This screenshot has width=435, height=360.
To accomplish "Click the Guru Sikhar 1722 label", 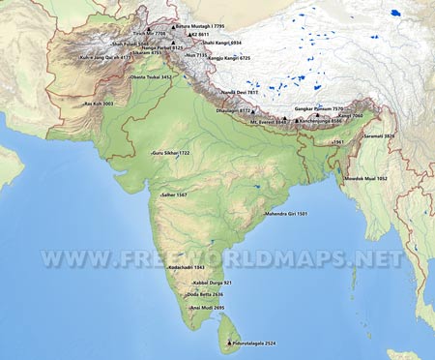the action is click(171, 153).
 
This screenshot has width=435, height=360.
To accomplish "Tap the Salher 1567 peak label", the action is click(175, 195).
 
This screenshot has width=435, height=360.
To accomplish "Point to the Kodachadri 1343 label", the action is click(187, 267).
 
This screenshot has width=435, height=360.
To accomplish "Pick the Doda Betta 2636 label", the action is click(205, 294).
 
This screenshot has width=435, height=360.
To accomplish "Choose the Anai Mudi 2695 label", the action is click(208, 308).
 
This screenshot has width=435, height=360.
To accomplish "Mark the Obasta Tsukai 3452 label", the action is click(151, 76).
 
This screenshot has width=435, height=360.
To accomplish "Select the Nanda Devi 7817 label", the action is click(241, 92).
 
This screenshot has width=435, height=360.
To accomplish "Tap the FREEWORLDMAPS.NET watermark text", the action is click(220, 259).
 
